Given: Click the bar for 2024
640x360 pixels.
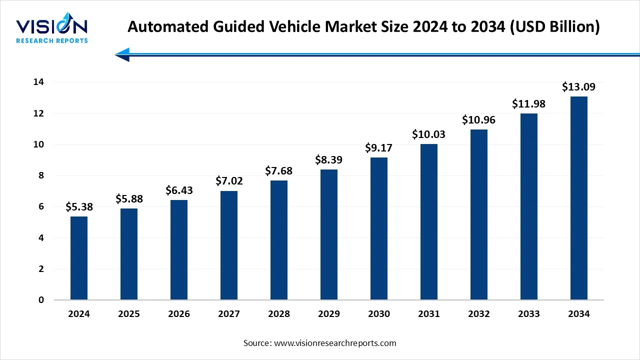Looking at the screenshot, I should click(79, 258).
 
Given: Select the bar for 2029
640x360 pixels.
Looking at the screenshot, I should click(329, 234).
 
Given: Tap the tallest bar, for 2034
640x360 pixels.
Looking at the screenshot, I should click(579, 198).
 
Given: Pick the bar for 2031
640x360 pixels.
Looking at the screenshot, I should click(429, 222).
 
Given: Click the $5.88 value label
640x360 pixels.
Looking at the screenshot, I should click(129, 199).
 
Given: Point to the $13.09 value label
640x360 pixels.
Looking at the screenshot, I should click(579, 87).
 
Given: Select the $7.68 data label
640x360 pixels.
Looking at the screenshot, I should click(279, 171).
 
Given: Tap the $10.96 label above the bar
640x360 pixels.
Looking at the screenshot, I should click(479, 120).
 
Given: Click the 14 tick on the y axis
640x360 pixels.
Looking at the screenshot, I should click(38, 82).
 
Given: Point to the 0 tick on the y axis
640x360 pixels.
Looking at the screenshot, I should click(41, 300).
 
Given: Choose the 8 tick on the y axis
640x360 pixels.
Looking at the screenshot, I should click(41, 175).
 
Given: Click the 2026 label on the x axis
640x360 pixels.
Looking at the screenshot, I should click(179, 314).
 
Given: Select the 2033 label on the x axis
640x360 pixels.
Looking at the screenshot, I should click(529, 314).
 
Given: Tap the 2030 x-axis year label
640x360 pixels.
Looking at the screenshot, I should click(379, 314).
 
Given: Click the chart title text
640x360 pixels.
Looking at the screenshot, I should click(363, 26).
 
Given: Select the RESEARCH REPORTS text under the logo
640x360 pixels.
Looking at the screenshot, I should click(51, 40).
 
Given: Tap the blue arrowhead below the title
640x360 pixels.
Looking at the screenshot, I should click(123, 55).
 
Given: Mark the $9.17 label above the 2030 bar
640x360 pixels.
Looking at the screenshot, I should click(379, 148).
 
